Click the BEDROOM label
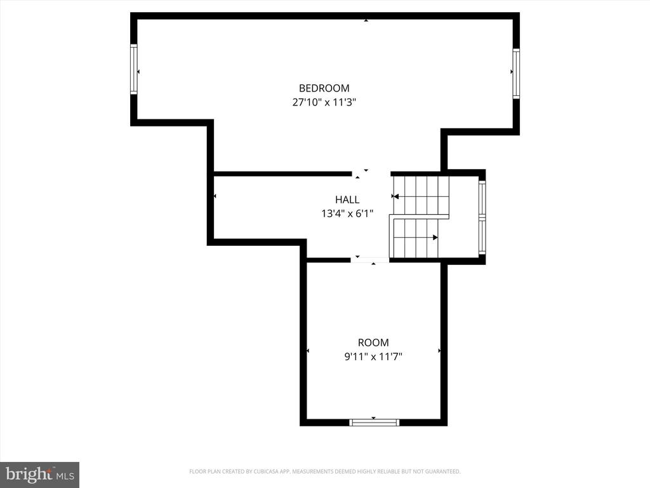[x=324, y=88]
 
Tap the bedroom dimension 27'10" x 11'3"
[x=324, y=102]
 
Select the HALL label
[x=347, y=200]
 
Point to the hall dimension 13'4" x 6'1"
[x=347, y=213]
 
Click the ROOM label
[x=373, y=342]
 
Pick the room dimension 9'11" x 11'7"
[x=373, y=356]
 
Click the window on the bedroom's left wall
[x=133, y=69]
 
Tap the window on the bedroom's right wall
[x=516, y=74]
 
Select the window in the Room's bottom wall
[x=373, y=423]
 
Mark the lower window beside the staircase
[x=482, y=235]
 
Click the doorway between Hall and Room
[x=370, y=260]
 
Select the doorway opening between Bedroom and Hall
[x=371, y=174]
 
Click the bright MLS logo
[x=39, y=475]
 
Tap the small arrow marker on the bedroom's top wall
[x=366, y=20]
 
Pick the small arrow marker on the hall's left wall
[x=215, y=196]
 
